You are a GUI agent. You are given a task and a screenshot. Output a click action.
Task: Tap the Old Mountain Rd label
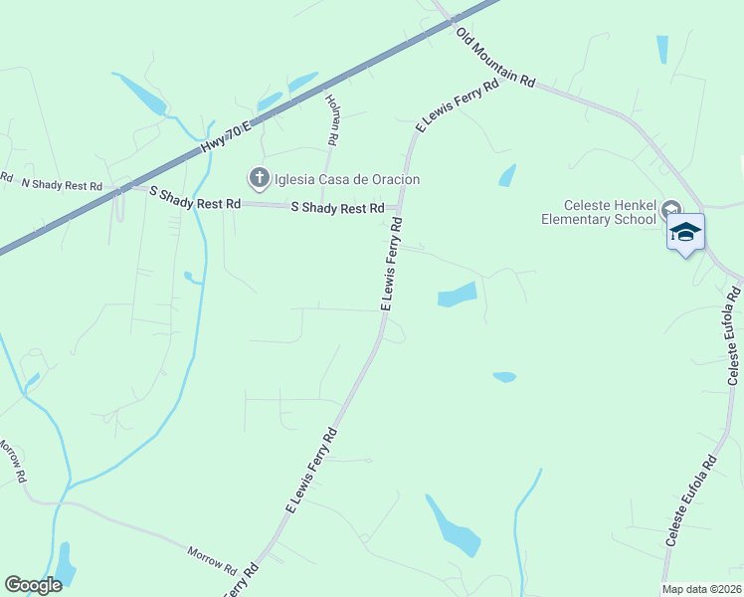pos(496,60)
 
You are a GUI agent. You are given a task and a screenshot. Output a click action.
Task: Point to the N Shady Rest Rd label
pos(62,185)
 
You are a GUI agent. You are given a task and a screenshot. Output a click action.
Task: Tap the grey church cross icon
pos(259,179)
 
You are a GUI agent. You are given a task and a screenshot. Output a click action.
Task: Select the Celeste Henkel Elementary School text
pos(599,211)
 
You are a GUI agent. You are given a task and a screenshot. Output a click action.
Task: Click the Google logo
pos(33,584)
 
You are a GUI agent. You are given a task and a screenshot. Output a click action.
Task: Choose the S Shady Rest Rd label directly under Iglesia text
pos(337,208)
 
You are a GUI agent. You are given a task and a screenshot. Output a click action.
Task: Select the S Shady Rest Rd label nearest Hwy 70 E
pos(195,197)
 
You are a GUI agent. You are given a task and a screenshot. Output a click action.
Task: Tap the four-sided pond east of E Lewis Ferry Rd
pos(458,295)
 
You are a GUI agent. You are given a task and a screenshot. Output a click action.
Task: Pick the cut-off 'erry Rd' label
pos(243,582)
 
